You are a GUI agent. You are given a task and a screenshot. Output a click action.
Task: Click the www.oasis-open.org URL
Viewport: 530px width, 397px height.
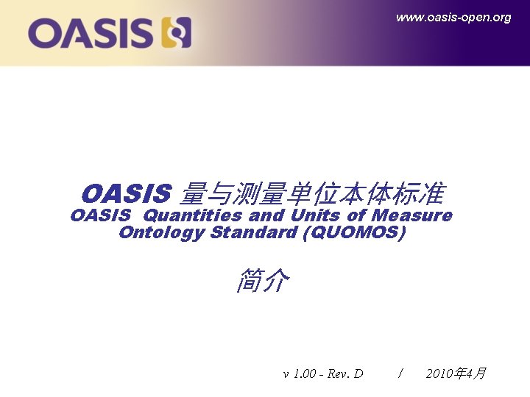(453, 18)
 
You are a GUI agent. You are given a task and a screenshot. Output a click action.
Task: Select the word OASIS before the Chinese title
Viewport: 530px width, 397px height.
(126, 195)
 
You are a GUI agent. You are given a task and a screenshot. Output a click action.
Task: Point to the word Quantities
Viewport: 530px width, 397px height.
(192, 215)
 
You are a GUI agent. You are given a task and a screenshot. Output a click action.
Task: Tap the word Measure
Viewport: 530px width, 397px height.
(412, 215)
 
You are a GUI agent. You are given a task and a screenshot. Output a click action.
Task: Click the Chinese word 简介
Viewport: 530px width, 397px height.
(263, 280)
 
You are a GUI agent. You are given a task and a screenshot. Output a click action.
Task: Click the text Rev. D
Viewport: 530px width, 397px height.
(345, 373)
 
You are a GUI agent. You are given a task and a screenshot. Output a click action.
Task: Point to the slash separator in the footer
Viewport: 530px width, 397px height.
(400, 373)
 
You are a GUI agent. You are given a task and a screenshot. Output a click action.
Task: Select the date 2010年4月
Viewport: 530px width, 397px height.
(456, 373)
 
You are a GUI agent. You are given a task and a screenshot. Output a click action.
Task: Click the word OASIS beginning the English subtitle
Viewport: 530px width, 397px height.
(101, 215)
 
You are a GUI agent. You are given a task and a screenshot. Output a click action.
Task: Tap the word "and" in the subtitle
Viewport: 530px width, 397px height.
(266, 215)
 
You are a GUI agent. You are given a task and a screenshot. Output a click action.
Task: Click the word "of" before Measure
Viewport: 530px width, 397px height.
(356, 215)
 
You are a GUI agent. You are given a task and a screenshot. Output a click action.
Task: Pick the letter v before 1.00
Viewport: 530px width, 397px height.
(286, 374)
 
